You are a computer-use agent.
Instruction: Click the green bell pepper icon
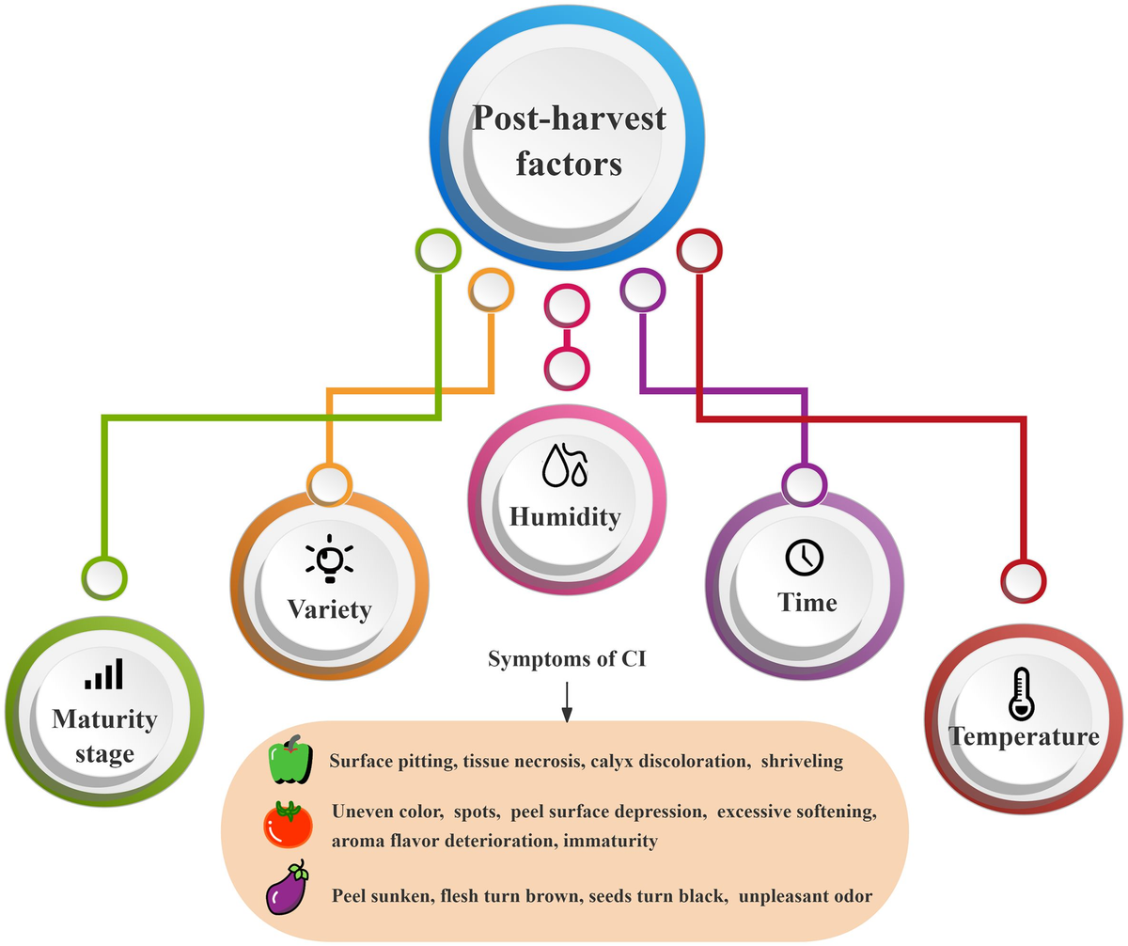290,759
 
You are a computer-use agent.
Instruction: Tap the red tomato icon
288,825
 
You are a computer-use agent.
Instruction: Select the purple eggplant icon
287,888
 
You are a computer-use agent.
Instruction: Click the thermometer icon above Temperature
1022,694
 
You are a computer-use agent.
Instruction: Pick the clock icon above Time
805,557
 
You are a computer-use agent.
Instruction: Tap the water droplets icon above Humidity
565,465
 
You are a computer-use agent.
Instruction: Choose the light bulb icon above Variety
330,559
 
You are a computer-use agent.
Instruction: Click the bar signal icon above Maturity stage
103,673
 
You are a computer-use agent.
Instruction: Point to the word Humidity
565,517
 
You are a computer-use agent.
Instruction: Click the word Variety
330,609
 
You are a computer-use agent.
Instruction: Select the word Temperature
1024,736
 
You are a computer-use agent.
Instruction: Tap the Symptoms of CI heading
567,659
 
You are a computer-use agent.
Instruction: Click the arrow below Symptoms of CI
567,702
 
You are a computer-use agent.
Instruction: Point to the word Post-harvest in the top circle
569,118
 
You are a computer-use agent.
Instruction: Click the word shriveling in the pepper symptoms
802,761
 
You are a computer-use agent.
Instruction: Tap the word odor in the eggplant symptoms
854,896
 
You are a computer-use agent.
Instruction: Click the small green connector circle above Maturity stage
104,577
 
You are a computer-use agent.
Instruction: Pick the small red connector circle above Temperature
1024,580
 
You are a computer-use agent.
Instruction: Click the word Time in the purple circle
807,602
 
